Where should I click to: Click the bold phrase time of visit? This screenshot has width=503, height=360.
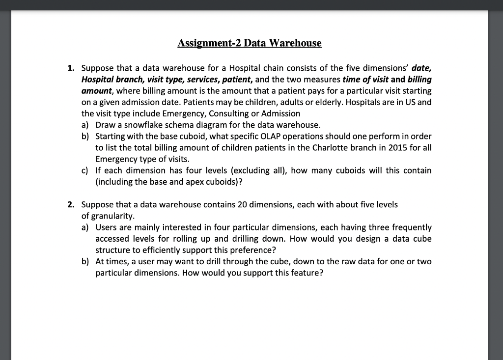coord(365,80)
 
